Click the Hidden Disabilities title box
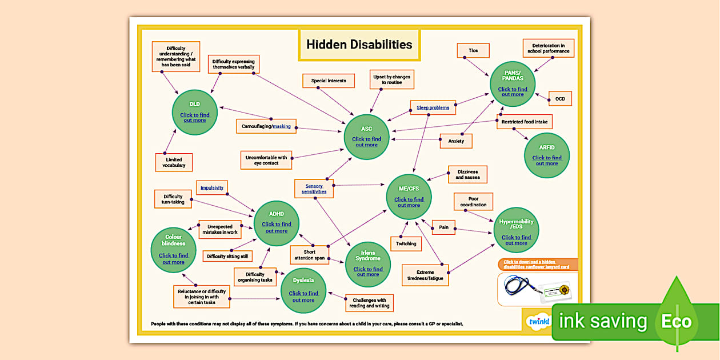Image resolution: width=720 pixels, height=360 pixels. click(x=359, y=45)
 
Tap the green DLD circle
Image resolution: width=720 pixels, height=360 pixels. click(x=195, y=112)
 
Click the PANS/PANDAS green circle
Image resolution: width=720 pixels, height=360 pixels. click(x=512, y=84)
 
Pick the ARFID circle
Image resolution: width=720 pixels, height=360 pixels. click(x=547, y=155)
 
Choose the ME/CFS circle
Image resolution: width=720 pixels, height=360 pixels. click(x=409, y=197)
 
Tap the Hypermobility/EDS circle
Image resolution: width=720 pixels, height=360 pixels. click(x=516, y=230)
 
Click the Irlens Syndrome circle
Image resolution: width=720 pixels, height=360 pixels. click(x=368, y=263)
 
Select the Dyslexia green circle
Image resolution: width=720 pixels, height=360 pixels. click(x=303, y=291)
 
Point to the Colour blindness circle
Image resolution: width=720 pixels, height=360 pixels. click(x=173, y=250)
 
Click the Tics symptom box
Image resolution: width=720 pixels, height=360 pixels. click(x=473, y=50)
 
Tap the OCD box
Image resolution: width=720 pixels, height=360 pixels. click(x=560, y=99)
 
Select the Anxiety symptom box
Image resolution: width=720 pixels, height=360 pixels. click(x=456, y=141)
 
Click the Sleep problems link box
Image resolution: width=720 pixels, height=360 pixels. click(x=433, y=107)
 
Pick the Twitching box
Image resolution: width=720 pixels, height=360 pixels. click(x=406, y=243)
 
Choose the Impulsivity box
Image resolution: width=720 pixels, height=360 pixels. click(x=211, y=187)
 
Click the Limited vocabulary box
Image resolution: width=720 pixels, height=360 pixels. click(x=174, y=162)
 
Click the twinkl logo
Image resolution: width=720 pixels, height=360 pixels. click(x=537, y=322)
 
